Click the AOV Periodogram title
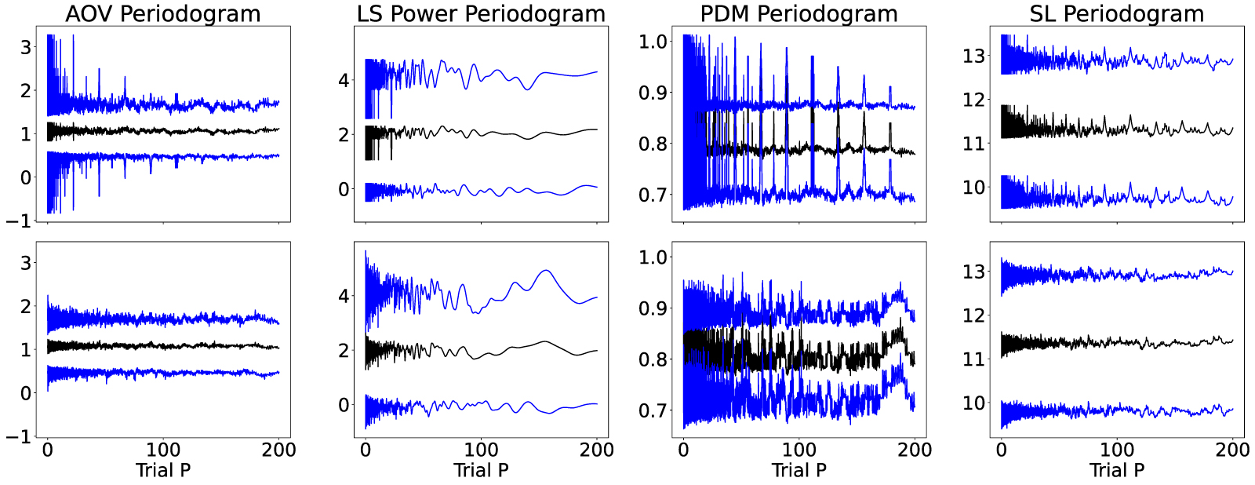pyautogui.click(x=163, y=13)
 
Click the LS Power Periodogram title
pyautogui.click(x=481, y=13)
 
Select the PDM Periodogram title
pyautogui.click(x=799, y=13)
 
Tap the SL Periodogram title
pyautogui.click(x=1117, y=13)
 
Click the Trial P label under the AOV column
pyautogui.click(x=163, y=470)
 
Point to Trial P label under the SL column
pyautogui.click(x=1117, y=470)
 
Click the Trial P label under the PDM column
pyautogui.click(x=799, y=470)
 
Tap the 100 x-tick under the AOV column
pyautogui.click(x=163, y=450)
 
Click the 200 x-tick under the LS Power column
pyautogui.click(x=597, y=450)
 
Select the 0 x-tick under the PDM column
pyautogui.click(x=683, y=450)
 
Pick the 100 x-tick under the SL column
pyautogui.click(x=1117, y=450)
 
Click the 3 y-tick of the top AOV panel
pyautogui.click(x=26, y=47)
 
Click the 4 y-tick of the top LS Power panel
pyautogui.click(x=344, y=80)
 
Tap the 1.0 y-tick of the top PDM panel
pyautogui.click(x=653, y=41)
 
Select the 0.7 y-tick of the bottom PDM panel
pyautogui.click(x=653, y=410)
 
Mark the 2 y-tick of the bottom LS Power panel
pyautogui.click(x=344, y=350)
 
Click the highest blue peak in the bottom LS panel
pyautogui.click(x=366, y=251)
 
